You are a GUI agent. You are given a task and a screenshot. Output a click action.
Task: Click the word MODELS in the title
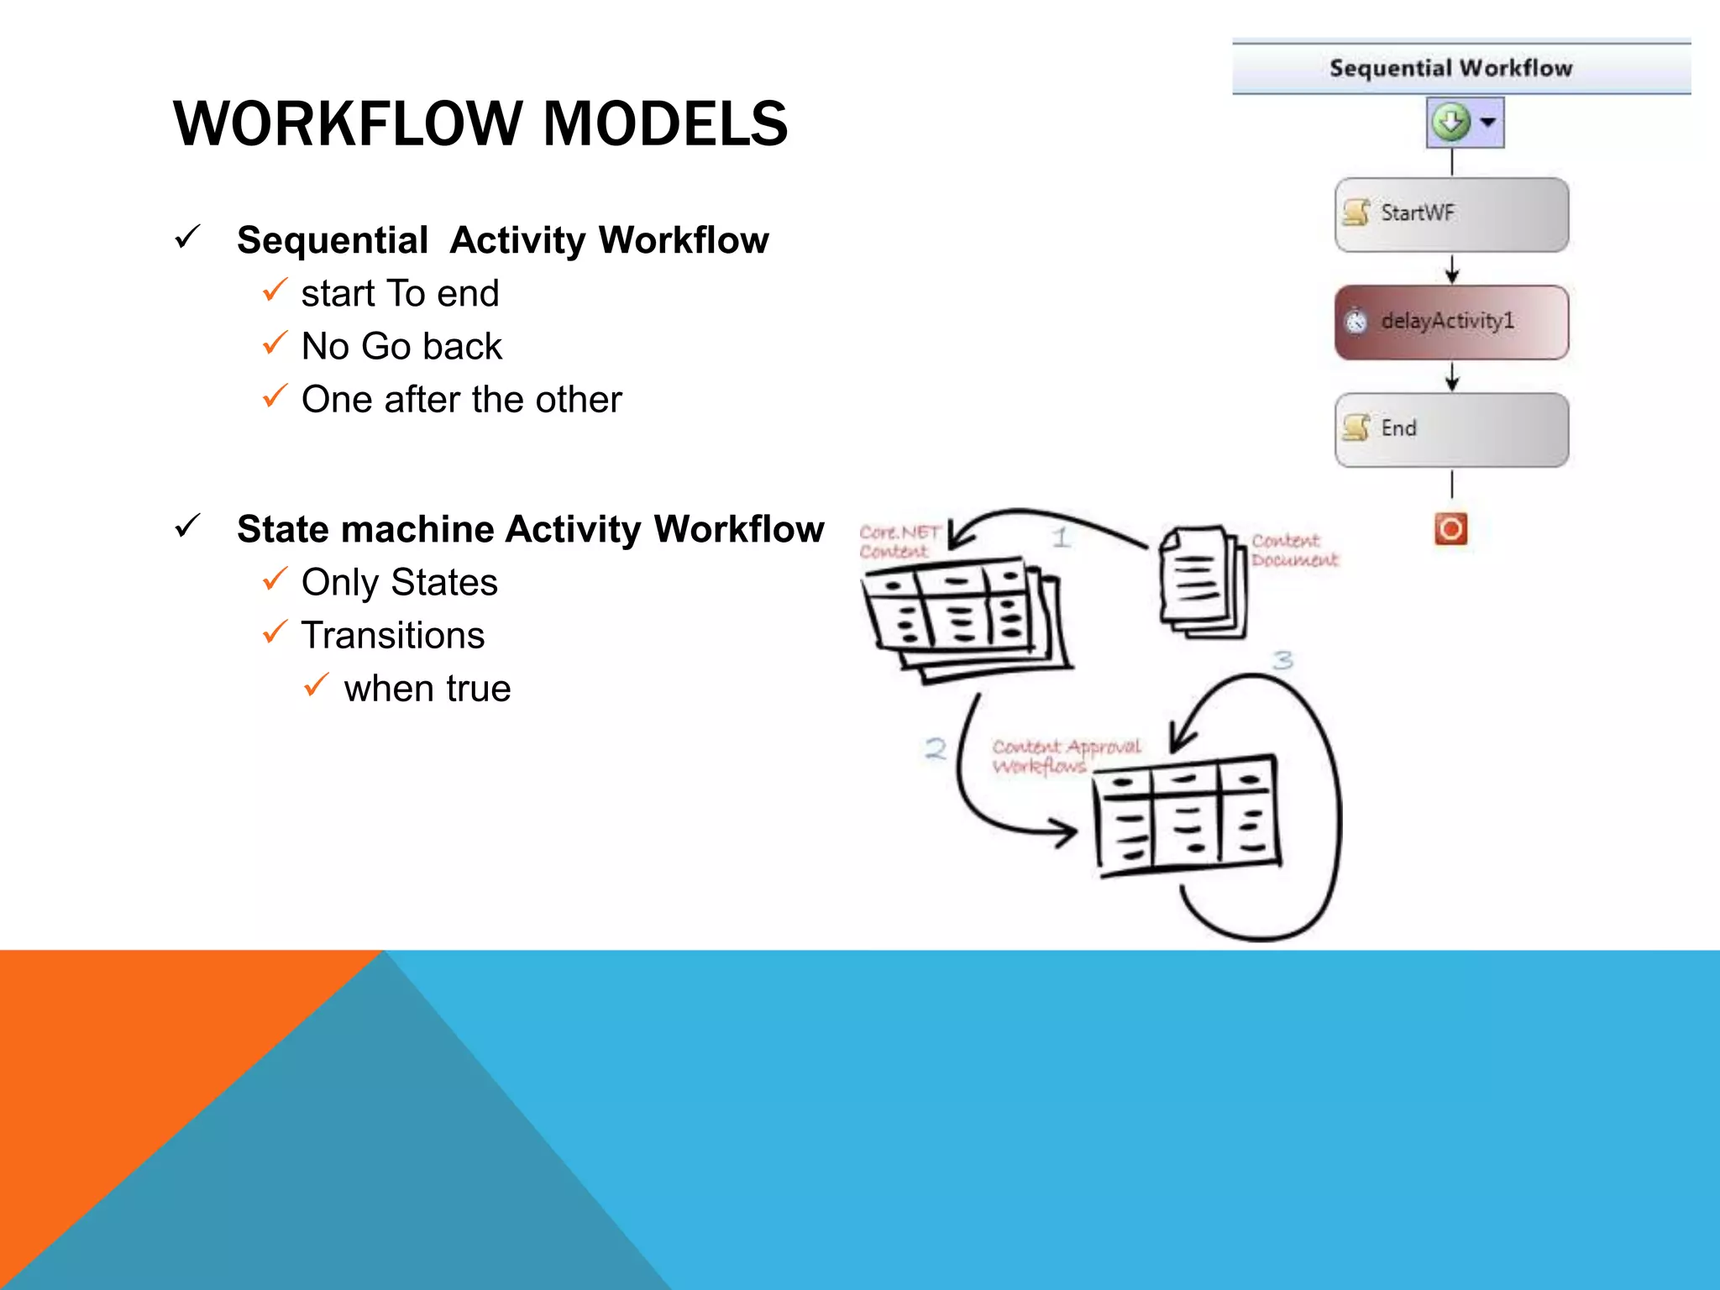click(x=665, y=124)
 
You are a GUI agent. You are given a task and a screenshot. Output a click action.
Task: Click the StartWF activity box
click(x=1451, y=214)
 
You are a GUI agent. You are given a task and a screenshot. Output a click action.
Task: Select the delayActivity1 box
click(x=1451, y=322)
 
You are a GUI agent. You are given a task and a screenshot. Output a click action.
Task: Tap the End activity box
click(x=1451, y=429)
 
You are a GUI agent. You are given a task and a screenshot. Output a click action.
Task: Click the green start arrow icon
click(x=1451, y=122)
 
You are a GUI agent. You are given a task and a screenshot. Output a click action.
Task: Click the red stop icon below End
click(x=1450, y=529)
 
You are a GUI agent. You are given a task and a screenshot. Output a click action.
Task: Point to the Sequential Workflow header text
click(x=1450, y=68)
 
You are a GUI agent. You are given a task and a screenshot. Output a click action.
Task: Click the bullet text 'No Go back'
click(x=401, y=347)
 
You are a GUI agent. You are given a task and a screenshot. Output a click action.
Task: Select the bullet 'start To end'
click(x=400, y=294)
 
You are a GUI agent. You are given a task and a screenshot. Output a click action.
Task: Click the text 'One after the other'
click(x=461, y=400)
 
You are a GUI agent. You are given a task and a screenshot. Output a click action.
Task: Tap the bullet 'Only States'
click(x=399, y=583)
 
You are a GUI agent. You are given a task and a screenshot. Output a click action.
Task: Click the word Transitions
click(x=393, y=636)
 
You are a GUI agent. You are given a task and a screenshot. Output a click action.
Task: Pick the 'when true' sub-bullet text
click(x=427, y=689)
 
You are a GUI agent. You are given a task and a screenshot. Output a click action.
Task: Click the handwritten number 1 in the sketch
click(x=1062, y=537)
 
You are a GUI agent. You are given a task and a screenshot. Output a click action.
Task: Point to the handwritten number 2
click(x=936, y=748)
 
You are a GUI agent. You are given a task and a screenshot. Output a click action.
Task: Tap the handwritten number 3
click(x=1282, y=660)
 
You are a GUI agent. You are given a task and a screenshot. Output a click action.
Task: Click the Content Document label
click(x=1293, y=550)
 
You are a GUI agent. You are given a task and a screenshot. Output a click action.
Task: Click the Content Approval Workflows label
click(x=1065, y=756)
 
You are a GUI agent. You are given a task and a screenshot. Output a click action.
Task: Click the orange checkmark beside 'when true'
click(x=316, y=685)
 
